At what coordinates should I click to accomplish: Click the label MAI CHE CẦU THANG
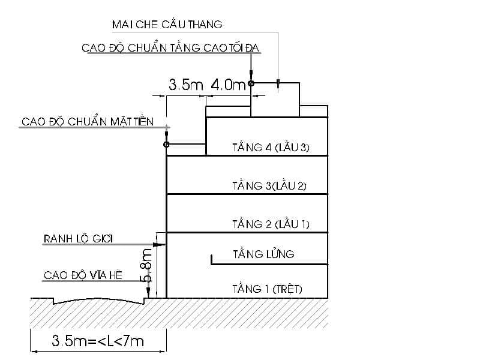[x=167, y=24]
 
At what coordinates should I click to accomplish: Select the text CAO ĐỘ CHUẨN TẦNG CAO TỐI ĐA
[x=170, y=47]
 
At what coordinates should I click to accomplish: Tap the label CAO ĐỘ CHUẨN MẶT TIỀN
[x=88, y=121]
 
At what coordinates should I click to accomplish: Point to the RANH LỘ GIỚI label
[x=79, y=238]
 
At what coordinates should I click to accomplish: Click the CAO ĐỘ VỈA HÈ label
[x=83, y=275]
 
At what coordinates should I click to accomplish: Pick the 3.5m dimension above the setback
[x=186, y=85]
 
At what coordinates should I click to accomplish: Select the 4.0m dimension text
[x=229, y=84]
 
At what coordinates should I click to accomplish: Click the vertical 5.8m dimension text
[x=146, y=265]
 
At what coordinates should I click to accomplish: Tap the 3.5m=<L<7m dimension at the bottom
[x=98, y=341]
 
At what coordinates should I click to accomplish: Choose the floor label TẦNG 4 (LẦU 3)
[x=271, y=147]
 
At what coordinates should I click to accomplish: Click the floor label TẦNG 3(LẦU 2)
[x=269, y=185]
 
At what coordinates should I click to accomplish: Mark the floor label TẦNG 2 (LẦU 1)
[x=271, y=224]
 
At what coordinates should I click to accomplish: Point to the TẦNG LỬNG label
[x=263, y=254]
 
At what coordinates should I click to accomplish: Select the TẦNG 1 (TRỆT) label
[x=267, y=289]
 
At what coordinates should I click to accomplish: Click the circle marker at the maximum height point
[x=251, y=83]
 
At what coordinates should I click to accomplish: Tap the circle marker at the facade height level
[x=166, y=144]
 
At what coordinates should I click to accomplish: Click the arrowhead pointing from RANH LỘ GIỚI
[x=159, y=245]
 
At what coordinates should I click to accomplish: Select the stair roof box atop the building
[x=275, y=100]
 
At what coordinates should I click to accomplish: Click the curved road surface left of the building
[x=99, y=301]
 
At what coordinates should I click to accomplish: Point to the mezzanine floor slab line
[x=269, y=264]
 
